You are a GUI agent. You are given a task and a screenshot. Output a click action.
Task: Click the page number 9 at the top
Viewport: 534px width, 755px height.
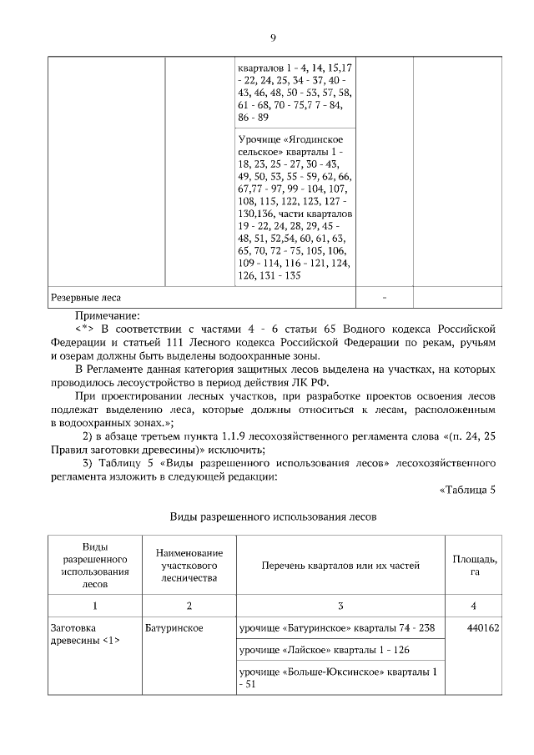(272, 38)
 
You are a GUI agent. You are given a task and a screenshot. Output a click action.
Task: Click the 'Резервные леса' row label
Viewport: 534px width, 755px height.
(87, 297)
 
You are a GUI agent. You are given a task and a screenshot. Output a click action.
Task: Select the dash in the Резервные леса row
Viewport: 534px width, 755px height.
(385, 297)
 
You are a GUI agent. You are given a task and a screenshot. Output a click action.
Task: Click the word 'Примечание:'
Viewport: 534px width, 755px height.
(108, 315)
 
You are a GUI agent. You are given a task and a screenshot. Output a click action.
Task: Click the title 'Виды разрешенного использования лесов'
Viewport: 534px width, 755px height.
(274, 517)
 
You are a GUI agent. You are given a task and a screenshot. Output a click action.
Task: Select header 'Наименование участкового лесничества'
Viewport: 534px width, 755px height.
(189, 566)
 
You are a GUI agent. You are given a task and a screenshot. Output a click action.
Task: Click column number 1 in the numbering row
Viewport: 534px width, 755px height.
(95, 605)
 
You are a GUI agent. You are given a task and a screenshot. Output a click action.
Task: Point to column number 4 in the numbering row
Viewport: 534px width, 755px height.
(474, 605)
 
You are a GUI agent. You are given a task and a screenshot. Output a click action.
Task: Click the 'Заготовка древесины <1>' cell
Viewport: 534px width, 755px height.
(83, 634)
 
